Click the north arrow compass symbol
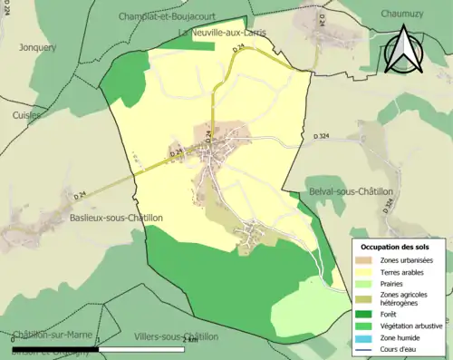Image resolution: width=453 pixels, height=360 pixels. [405, 50]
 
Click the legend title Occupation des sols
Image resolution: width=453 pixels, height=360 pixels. [395, 247]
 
